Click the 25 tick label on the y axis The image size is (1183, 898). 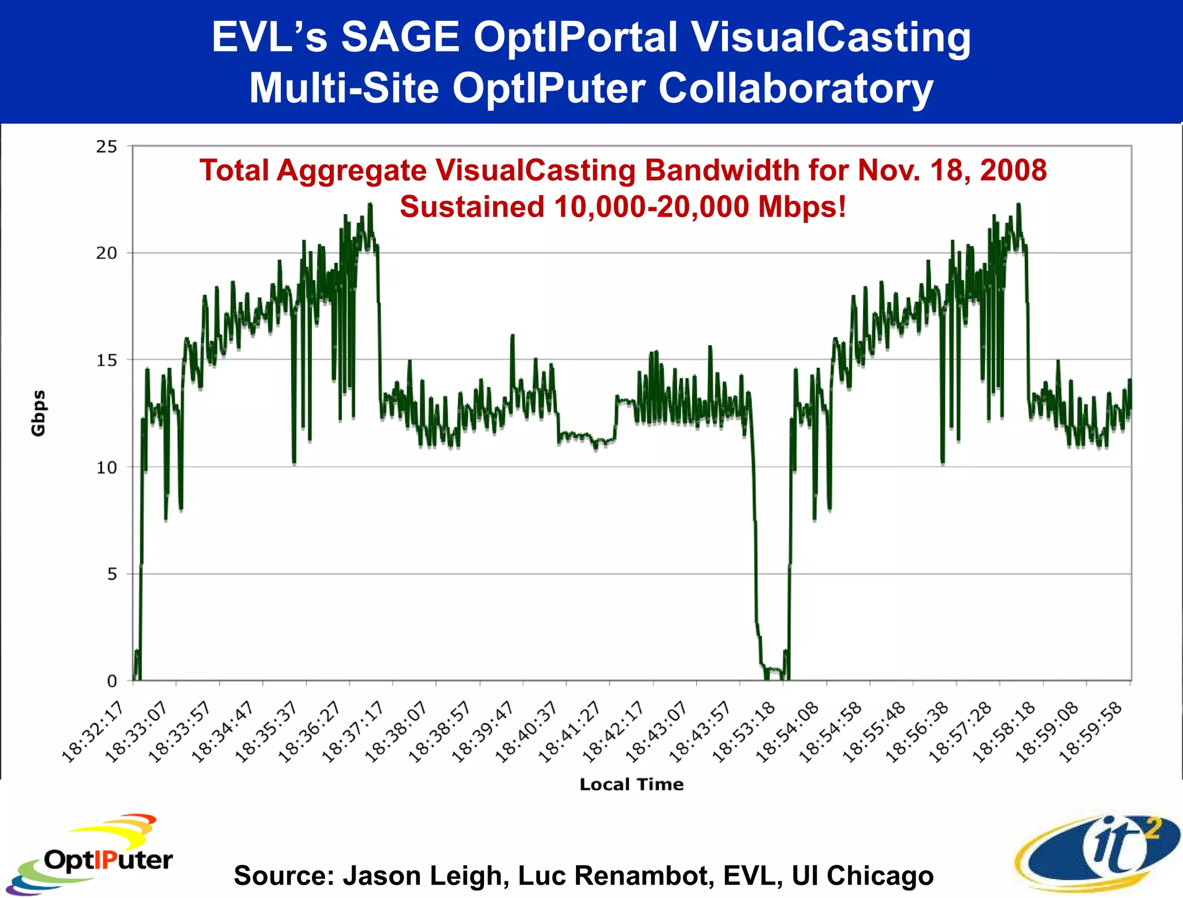106,147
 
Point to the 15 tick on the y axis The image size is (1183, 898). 106,360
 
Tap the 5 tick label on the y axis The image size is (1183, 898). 111,574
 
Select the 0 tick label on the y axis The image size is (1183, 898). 111,681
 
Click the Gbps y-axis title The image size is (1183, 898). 38,413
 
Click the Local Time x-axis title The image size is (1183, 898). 631,784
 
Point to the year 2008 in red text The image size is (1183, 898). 1013,170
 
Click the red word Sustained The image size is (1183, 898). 472,207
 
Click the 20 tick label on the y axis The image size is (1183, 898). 106,253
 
